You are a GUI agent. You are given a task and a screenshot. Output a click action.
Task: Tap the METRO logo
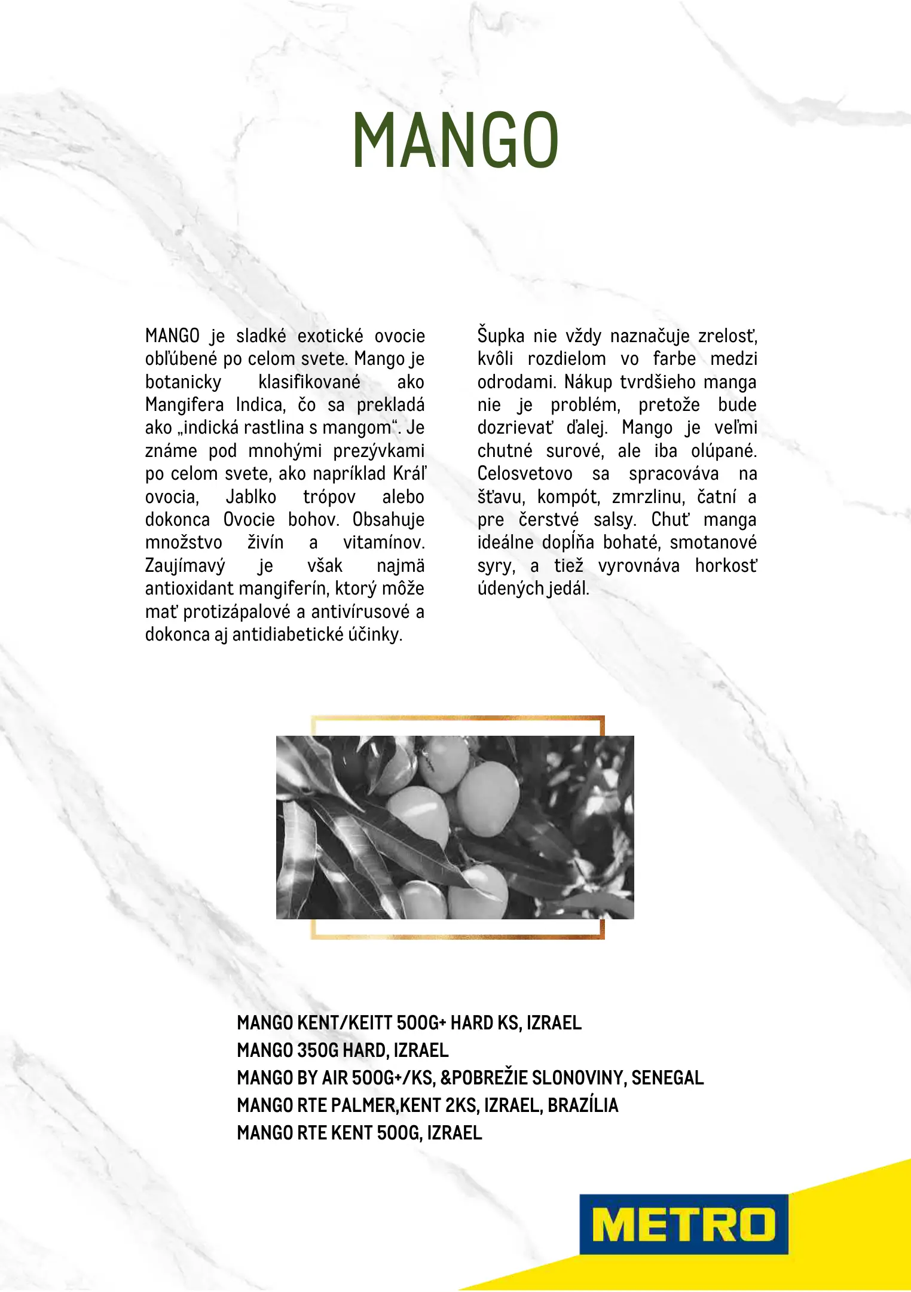tap(683, 1224)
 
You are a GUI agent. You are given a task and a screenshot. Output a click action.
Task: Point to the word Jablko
tap(251, 497)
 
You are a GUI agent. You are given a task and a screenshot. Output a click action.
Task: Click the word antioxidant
tap(189, 589)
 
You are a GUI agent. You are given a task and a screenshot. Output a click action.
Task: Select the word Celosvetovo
tap(525, 474)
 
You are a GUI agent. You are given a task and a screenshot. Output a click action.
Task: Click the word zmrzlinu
tap(648, 497)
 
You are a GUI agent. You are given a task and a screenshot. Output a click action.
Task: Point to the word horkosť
tap(726, 566)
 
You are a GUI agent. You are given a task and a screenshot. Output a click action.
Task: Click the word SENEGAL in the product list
tap(667, 1078)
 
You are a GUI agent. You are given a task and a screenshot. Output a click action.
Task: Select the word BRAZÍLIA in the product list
tap(583, 1105)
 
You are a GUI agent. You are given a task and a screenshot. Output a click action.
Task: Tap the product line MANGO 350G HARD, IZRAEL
tap(343, 1050)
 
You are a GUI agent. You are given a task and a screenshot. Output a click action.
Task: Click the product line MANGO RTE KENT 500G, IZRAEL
tap(359, 1133)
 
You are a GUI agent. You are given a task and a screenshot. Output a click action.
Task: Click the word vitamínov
tap(384, 543)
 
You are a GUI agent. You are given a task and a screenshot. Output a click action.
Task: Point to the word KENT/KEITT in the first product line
tap(344, 1023)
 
